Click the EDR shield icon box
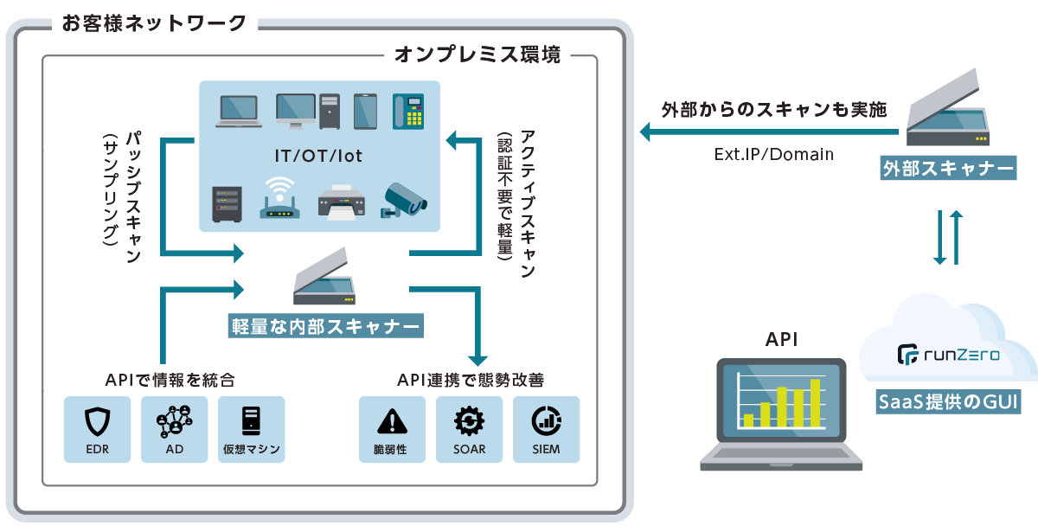pos(97,429)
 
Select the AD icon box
pos(174,429)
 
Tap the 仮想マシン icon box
pos(251,429)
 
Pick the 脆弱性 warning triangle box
pos(392,429)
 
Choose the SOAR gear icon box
pos(469,429)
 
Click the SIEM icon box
pos(546,429)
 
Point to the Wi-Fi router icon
pos(279,198)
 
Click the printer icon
pos(340,202)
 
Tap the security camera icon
pos(404,200)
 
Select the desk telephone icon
pos(408,111)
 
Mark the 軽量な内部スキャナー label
pos(326,326)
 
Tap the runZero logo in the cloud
pos(948,354)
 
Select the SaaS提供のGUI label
pos(948,402)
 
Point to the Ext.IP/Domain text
pos(773,155)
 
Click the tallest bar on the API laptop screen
pos(812,403)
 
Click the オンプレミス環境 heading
pos(477,56)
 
